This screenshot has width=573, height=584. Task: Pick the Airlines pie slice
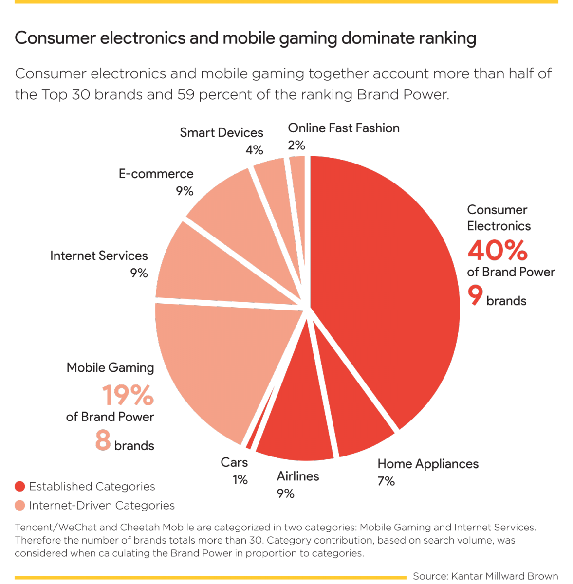pyautogui.click(x=297, y=423)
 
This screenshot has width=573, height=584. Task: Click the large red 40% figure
pyautogui.click(x=497, y=250)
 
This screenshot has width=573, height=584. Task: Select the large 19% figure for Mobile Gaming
pyautogui.click(x=128, y=395)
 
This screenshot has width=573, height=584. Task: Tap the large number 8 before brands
pyautogui.click(x=103, y=439)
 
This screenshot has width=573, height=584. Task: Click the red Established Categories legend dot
pyautogui.click(x=20, y=486)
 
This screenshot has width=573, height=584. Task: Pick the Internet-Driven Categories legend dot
pyautogui.click(x=20, y=506)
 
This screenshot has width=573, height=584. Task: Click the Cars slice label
pyautogui.click(x=234, y=462)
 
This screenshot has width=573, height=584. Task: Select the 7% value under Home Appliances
pyautogui.click(x=386, y=481)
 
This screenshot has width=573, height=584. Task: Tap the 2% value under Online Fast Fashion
pyautogui.click(x=296, y=145)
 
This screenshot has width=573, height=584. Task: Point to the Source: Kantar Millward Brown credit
pyautogui.click(x=485, y=576)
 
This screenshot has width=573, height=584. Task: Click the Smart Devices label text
pyautogui.click(x=221, y=133)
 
